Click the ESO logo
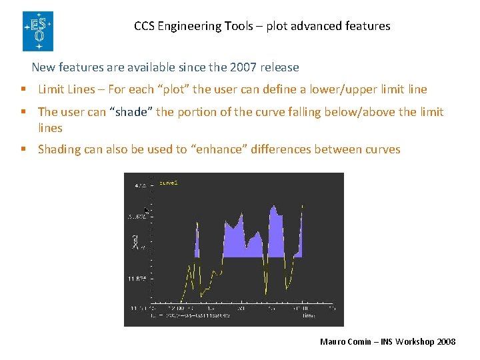(37, 31)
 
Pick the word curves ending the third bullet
(381, 149)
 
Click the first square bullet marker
(23, 89)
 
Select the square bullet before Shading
(23, 149)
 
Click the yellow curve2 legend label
(168, 181)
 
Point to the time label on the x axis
(308, 316)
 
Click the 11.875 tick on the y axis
(137, 278)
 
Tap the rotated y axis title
(135, 241)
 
